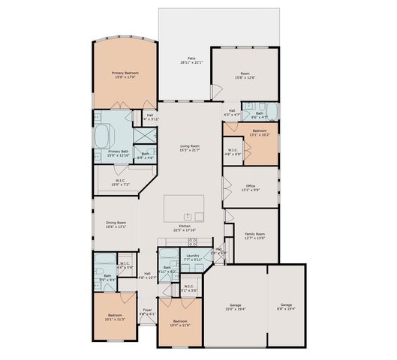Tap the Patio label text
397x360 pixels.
[x=191, y=61]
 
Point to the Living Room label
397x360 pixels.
[x=189, y=148]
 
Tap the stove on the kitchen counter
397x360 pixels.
[x=193, y=241]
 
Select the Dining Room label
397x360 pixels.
[x=116, y=224]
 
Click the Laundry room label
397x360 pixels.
[x=192, y=259]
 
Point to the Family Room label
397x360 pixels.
[x=256, y=236]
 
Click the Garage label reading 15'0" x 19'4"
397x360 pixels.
[x=237, y=307]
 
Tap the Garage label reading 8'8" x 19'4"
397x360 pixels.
[x=287, y=307]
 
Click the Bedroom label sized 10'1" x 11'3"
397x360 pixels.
[x=115, y=317]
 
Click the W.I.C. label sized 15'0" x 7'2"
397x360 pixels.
[x=121, y=182]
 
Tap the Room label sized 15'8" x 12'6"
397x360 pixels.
[x=245, y=75]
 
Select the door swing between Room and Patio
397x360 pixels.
[x=217, y=93]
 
